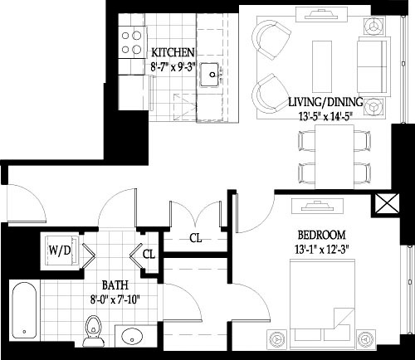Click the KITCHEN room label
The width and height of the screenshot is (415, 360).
coord(173,51)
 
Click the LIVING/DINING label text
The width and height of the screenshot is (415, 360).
coord(324,102)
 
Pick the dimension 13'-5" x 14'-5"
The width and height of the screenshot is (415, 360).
coord(324,116)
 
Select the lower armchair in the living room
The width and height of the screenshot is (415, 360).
coord(271,90)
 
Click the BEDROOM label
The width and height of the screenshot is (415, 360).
coord(320,235)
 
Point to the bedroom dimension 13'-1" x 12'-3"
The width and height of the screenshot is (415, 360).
coord(320,248)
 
